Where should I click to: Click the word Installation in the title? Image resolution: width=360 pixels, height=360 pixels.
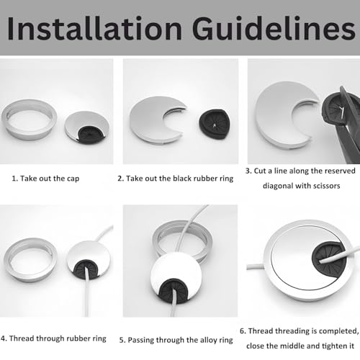click(94, 28)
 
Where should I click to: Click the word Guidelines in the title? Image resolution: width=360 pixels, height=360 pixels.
click(274, 28)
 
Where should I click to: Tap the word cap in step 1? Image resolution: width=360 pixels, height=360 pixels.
click(72, 179)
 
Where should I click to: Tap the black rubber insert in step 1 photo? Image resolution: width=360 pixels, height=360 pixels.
click(91, 135)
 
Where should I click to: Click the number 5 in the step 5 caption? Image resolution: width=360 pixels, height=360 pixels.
click(122, 340)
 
